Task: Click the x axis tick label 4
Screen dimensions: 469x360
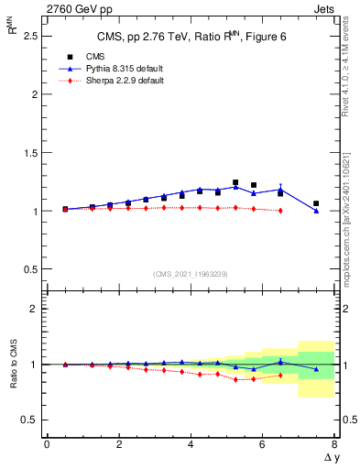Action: pos(191,444)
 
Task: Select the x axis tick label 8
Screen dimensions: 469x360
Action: pos(334,444)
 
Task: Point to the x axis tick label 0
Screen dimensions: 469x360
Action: pos(47,444)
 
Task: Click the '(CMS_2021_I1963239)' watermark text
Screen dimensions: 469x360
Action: pos(191,274)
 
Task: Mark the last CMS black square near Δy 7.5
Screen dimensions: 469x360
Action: pos(316,203)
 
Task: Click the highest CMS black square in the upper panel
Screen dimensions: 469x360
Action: pos(235,182)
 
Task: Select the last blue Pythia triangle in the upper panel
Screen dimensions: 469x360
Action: pos(316,211)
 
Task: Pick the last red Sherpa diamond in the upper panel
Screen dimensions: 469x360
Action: pos(280,211)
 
